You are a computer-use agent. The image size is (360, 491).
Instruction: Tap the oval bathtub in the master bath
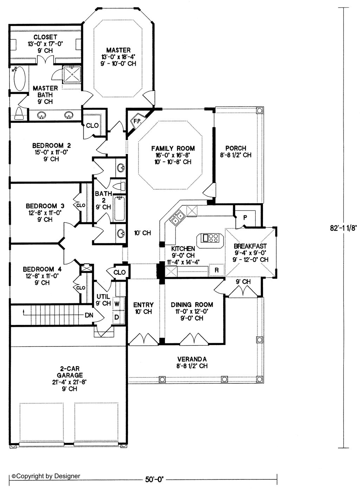20,78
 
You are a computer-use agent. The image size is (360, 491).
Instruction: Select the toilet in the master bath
19,113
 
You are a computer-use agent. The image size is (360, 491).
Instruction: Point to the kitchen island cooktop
210,238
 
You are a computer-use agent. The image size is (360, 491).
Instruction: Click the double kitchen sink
178,217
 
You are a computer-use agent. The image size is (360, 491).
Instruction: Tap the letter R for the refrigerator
217,270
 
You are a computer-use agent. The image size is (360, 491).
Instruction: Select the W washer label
117,304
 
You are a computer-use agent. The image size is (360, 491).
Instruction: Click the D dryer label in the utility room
117,317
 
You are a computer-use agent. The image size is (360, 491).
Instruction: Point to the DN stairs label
89,315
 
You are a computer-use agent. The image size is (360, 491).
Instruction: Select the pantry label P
245,218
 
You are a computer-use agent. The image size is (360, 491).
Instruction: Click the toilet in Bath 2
119,186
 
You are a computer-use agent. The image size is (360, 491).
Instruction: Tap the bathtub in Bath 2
120,209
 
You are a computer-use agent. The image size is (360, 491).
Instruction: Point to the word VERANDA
192,359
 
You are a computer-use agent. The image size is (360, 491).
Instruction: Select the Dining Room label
192,305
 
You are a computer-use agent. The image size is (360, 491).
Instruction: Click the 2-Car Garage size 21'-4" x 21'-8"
69,382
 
